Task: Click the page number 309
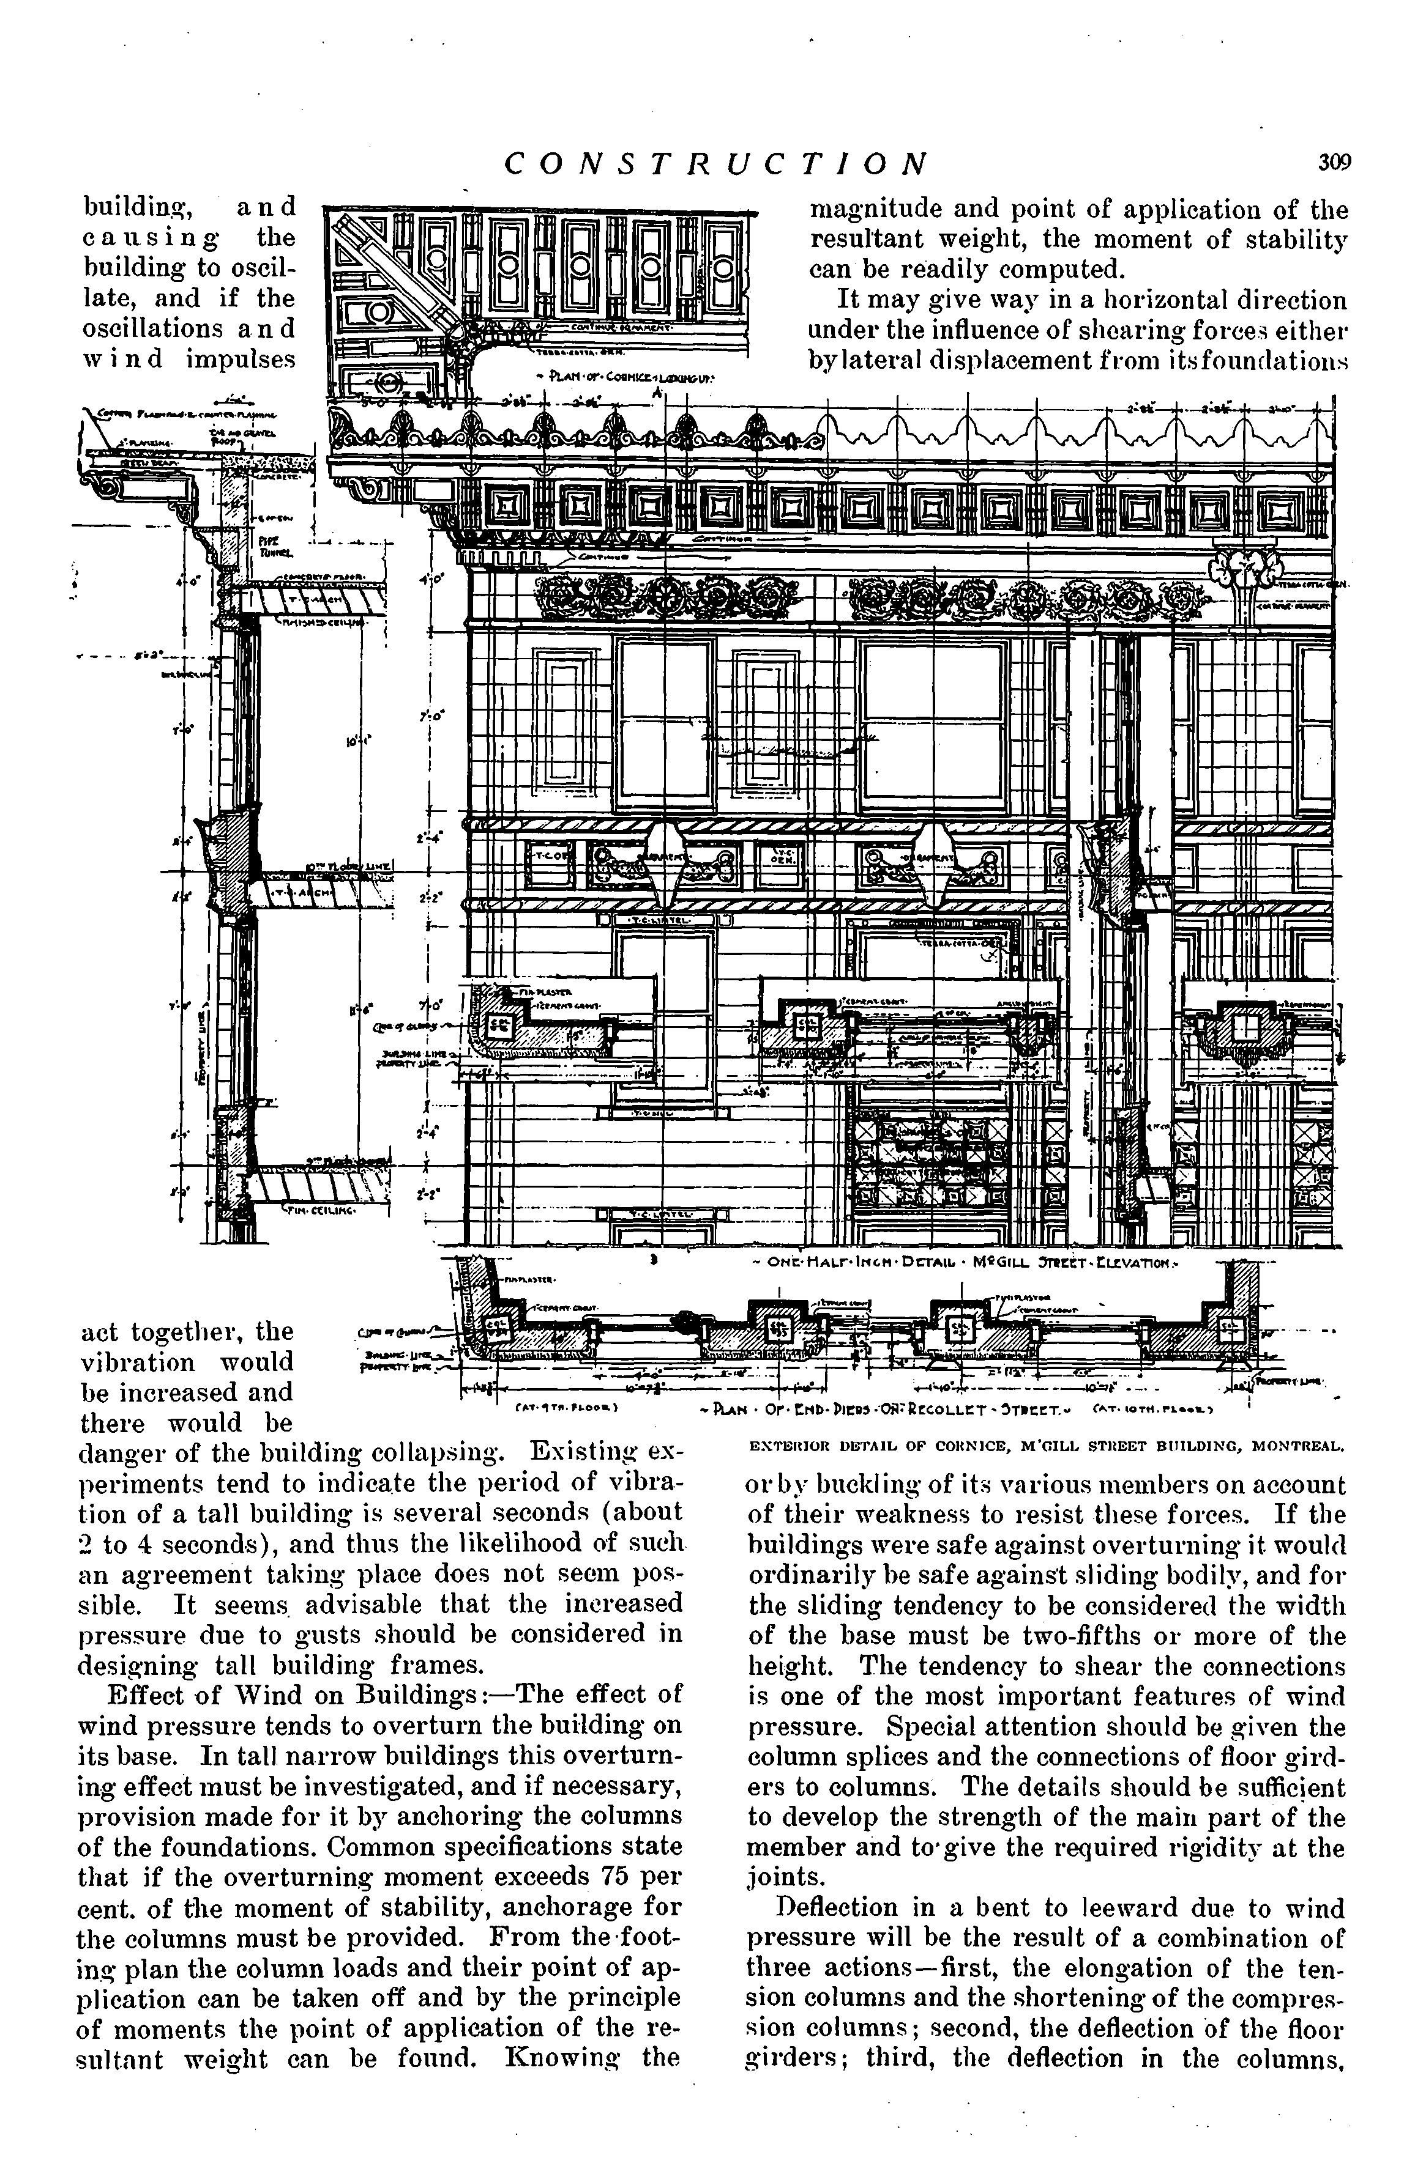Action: tap(1333, 163)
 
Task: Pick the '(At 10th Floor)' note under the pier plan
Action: tap(1150, 1410)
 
